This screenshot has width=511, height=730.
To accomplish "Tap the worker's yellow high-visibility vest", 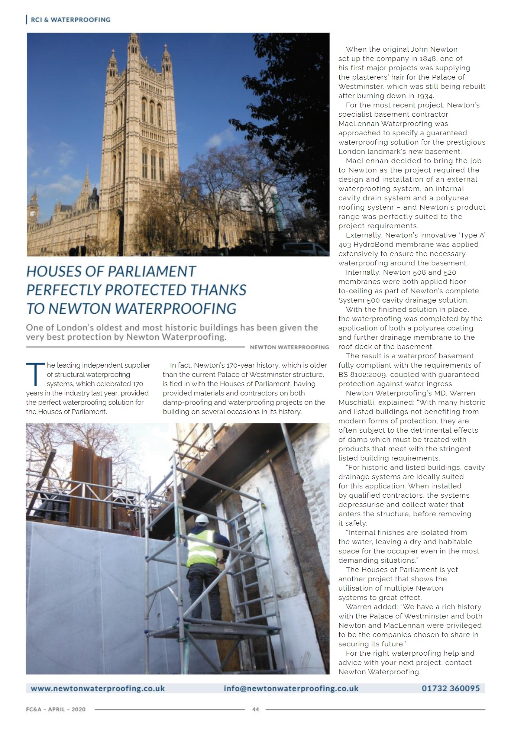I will coord(201,547).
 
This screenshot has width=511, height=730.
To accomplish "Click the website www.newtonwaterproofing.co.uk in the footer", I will coord(98,688).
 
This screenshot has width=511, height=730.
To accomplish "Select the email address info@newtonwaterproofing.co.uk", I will coord(291,688).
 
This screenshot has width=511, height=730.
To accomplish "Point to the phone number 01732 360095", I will coord(450,688).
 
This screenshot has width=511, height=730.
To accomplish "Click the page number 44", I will coord(256,709).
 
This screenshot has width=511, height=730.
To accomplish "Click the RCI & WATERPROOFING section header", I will coord(70,20).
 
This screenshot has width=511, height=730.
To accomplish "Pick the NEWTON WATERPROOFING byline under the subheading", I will coord(289,347).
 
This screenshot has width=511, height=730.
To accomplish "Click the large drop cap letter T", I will coord(35,374).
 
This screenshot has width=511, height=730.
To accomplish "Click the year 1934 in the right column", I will coord(424,96).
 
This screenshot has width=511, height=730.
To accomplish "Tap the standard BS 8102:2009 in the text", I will coord(366,375).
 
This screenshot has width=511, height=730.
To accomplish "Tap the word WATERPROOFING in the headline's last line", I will coord(185,309).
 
